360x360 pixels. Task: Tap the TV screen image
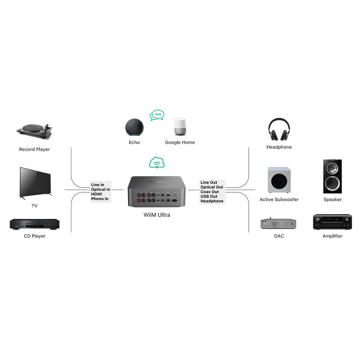[x=35, y=182]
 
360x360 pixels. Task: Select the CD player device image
[x=35, y=224]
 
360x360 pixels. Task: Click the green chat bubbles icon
[x=157, y=115]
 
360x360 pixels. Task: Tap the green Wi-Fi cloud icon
[x=157, y=163]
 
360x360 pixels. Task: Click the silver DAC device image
[x=279, y=224]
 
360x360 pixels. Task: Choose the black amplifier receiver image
[x=332, y=222]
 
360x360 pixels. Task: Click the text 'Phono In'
[x=100, y=199]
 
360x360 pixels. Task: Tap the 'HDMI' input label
[x=96, y=194]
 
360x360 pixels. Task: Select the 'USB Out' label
[x=209, y=196]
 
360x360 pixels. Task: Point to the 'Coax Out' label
[x=210, y=192]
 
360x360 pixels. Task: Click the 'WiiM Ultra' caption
[x=157, y=215]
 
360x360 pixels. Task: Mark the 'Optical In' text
[x=100, y=189]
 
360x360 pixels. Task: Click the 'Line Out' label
[x=209, y=183]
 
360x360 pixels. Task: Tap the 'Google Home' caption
[x=180, y=142]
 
